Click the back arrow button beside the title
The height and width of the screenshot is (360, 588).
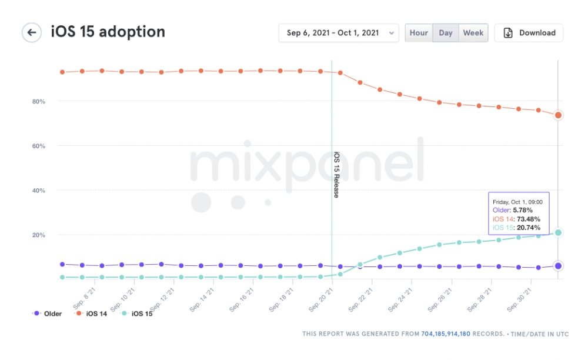[x=32, y=32]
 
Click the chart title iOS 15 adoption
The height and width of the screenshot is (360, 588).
[x=108, y=32]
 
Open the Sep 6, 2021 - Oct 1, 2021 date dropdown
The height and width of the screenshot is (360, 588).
[x=339, y=33]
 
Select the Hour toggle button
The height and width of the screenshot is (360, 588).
[x=419, y=33]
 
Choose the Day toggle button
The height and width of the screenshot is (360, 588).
[x=446, y=33]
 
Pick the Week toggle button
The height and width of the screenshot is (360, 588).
[x=473, y=33]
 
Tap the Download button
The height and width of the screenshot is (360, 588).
[x=529, y=33]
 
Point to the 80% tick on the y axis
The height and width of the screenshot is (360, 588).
[x=39, y=101]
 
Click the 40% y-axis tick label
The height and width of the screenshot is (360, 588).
[x=39, y=191]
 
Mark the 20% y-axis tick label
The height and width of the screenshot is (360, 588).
[x=39, y=235]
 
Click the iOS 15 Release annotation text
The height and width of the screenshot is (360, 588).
[x=336, y=175]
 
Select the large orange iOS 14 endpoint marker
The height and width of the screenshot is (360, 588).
[x=558, y=115]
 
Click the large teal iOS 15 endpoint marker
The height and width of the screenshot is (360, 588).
[x=558, y=233]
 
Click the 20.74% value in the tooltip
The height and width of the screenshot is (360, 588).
[x=528, y=227]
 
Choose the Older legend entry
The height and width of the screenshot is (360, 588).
[x=48, y=314]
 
